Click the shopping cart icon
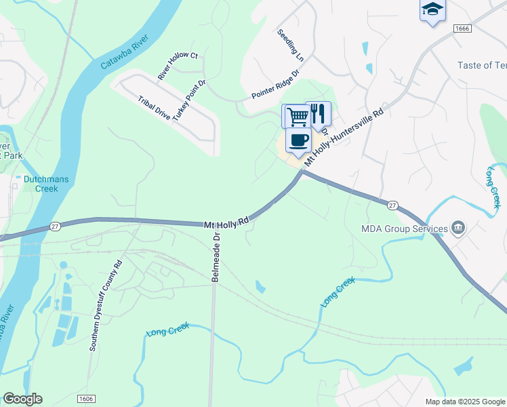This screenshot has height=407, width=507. tap(296, 116)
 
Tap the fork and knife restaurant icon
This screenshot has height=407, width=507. tap(318, 113)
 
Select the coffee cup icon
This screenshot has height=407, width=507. tap(298, 140)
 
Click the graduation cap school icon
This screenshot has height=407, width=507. tap(432, 10)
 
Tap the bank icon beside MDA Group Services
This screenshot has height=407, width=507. tap(459, 228)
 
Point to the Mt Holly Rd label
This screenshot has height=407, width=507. tap(227, 221)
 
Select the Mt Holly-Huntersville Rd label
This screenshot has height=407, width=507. tap(344, 136)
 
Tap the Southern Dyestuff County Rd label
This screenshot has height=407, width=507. tap(105, 305)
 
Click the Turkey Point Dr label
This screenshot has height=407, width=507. tap(189, 100)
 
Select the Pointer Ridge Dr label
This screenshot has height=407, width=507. tap(275, 84)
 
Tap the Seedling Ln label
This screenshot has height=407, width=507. tap(290, 45)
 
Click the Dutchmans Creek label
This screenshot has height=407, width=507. tap(41, 184)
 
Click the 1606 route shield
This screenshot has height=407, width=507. tap(86, 399)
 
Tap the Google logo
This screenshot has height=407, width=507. tap(22, 399)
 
